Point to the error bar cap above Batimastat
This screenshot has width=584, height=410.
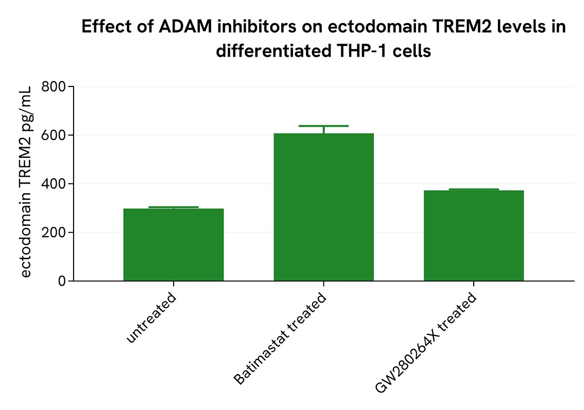[x=323, y=126]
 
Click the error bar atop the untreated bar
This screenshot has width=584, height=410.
[x=173, y=207]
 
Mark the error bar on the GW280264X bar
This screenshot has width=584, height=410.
[x=473, y=190]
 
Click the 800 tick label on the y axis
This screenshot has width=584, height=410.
[x=54, y=86]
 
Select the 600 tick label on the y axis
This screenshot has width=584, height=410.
[x=54, y=135]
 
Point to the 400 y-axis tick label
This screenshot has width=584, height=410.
[x=54, y=184]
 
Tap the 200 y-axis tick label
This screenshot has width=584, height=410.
[x=54, y=232]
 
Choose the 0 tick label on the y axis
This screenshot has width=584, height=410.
[x=61, y=281]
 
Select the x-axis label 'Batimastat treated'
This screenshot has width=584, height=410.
[x=281, y=339]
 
